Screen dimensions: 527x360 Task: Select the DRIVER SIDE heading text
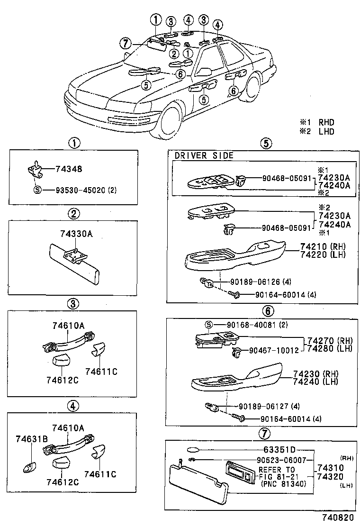pos(204,155)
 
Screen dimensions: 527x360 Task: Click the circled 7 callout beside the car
pos(125,44)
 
